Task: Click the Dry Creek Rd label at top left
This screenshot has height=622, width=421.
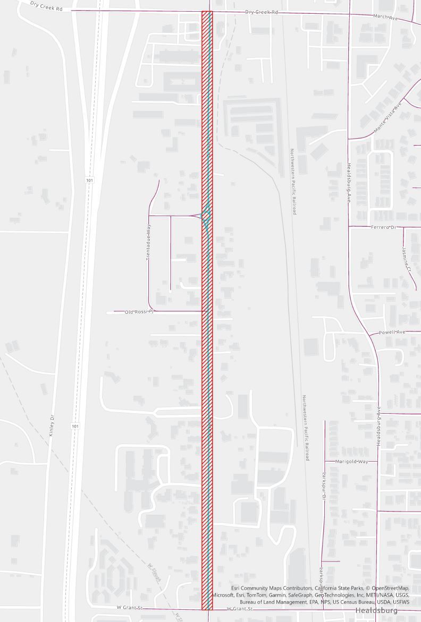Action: [50, 6]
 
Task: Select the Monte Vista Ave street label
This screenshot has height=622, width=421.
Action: [388, 118]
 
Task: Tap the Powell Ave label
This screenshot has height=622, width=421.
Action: [392, 333]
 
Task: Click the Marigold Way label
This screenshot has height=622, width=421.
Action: [352, 462]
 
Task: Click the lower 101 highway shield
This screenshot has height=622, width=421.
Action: [75, 426]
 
